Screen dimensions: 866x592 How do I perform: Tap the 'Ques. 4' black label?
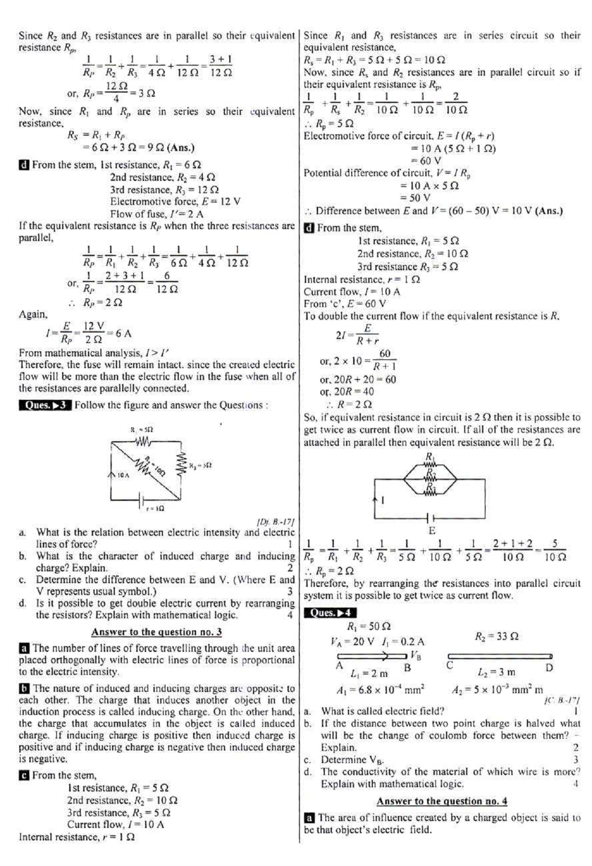(x=330, y=613)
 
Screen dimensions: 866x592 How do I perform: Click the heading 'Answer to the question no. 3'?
(x=157, y=632)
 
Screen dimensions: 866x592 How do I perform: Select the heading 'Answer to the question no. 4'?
(x=442, y=801)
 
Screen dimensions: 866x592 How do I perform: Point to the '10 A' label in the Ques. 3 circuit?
(x=123, y=475)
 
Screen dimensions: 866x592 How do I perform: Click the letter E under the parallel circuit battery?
(x=432, y=531)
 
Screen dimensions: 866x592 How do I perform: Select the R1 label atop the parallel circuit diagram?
(x=430, y=456)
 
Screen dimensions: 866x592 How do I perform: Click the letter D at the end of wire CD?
(x=550, y=668)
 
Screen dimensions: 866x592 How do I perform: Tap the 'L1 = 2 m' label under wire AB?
(x=369, y=673)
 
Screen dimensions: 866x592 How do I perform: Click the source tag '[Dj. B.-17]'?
(x=276, y=521)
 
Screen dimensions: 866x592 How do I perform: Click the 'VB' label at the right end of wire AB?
(x=416, y=655)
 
